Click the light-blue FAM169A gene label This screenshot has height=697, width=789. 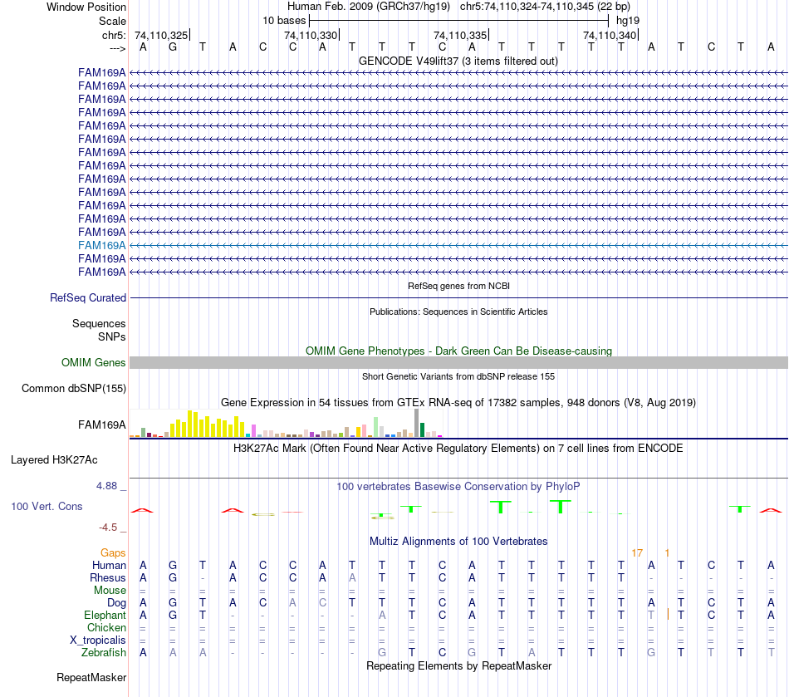coord(102,245)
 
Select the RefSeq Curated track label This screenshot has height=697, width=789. coord(88,297)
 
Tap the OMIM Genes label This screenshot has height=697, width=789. coord(94,362)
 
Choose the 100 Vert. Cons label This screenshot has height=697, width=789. coord(47,506)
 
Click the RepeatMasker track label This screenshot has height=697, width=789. coord(91,678)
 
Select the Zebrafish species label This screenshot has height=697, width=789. coord(104,652)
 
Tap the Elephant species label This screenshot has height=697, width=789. coord(105,615)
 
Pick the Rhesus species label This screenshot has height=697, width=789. coord(108,577)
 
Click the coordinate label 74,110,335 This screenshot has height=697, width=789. coord(460,35)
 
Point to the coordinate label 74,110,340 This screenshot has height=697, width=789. coord(610,35)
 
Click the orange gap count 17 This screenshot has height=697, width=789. coord(637,552)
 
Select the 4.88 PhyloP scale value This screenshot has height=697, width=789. coord(110,486)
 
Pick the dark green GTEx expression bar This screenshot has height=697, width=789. coord(422,429)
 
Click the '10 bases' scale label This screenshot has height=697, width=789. coord(284,20)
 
